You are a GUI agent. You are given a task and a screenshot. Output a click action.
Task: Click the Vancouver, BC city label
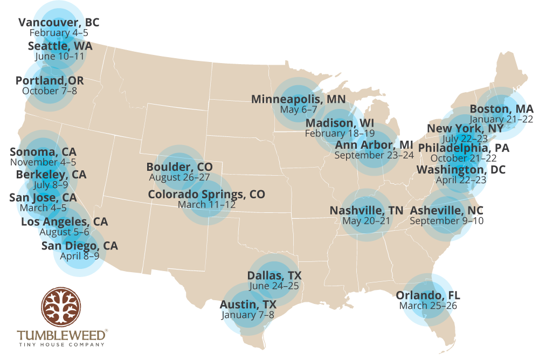click(59, 23)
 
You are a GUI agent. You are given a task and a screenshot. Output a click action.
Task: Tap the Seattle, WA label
click(60, 46)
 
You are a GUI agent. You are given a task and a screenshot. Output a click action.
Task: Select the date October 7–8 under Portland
click(50, 91)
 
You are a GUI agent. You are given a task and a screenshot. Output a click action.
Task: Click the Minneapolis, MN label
click(298, 99)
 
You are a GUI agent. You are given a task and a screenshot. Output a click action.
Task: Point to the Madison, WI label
click(340, 123)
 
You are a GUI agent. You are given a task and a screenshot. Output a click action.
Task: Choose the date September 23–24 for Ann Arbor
click(374, 155)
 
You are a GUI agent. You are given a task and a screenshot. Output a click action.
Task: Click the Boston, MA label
click(501, 109)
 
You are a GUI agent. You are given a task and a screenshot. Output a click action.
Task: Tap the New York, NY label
click(465, 128)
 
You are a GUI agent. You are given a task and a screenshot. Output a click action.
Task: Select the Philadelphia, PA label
click(464, 148)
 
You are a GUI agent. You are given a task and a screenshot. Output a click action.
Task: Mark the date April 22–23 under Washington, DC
click(461, 180)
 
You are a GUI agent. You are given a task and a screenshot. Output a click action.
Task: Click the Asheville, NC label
click(446, 210)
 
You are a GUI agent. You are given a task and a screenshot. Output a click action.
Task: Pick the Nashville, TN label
click(366, 210)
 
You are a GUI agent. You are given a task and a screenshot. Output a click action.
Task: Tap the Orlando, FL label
click(428, 295)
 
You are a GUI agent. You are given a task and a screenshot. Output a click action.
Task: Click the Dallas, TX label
click(274, 275)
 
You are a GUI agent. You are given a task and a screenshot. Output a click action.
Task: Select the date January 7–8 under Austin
click(247, 315)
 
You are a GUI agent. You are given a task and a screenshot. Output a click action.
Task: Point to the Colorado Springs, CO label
click(206, 194)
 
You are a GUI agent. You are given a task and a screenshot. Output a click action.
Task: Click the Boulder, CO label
click(179, 167)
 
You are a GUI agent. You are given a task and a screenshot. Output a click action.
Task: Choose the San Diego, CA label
click(80, 246)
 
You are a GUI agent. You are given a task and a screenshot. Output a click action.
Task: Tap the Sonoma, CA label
click(43, 151)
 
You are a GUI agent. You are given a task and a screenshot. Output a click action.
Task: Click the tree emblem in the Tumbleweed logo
click(61, 307)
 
